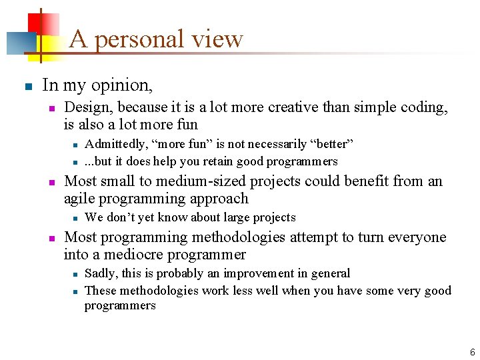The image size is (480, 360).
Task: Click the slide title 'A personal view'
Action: coord(156,39)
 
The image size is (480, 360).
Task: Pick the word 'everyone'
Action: coord(418,237)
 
